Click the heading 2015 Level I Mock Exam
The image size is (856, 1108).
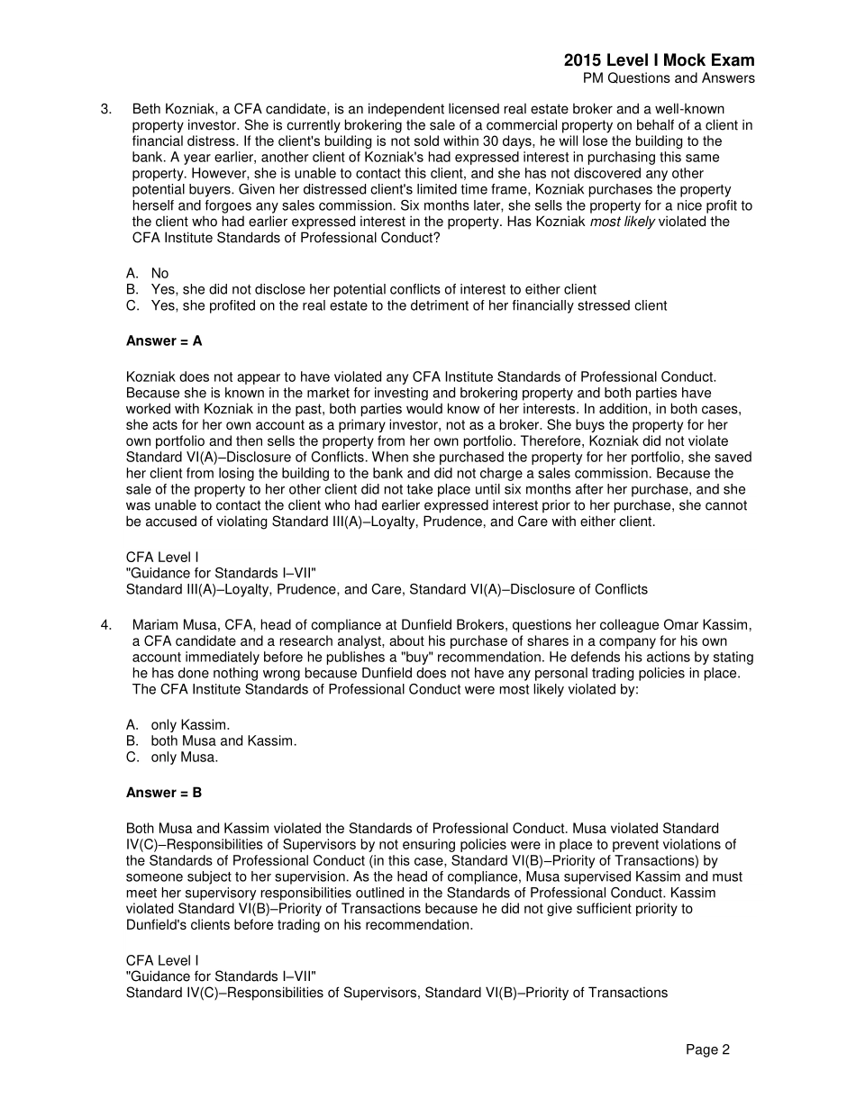pyautogui.click(x=659, y=60)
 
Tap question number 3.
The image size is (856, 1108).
pyautogui.click(x=106, y=109)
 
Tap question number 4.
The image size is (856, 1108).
pyautogui.click(x=106, y=625)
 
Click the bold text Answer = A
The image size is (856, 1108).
pyautogui.click(x=164, y=341)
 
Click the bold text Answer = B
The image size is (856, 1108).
pyautogui.click(x=164, y=793)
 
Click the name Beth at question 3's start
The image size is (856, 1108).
pyautogui.click(x=146, y=109)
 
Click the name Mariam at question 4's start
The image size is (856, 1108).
pyautogui.click(x=154, y=625)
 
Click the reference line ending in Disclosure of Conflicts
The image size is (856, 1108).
pyautogui.click(x=387, y=589)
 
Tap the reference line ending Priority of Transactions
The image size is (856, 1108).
pyautogui.click(x=396, y=993)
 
